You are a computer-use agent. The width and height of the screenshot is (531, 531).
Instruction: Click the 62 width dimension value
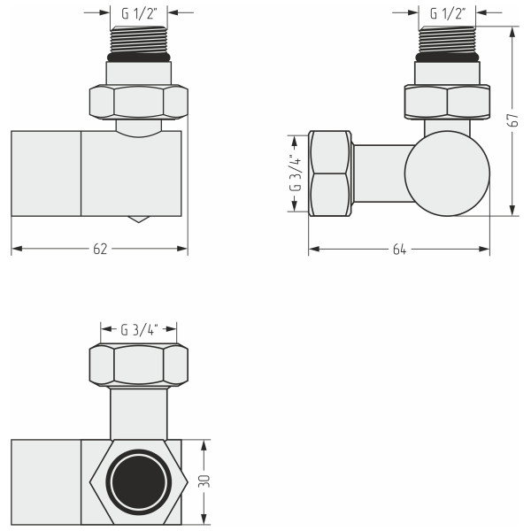point(99,250)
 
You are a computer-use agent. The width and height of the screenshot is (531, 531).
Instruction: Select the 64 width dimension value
point(398,250)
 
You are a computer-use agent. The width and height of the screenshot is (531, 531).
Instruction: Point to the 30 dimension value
point(205,482)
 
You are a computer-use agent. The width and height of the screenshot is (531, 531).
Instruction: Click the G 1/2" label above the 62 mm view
point(137,13)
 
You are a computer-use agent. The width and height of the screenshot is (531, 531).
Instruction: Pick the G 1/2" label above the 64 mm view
point(448,13)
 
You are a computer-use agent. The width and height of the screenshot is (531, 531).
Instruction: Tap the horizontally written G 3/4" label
point(139,330)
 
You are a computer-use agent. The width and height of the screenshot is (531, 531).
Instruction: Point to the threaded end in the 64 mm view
point(448,40)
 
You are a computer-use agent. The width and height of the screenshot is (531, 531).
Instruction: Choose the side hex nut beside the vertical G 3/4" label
point(329,173)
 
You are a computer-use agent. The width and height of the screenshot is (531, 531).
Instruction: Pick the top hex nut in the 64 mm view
point(447,102)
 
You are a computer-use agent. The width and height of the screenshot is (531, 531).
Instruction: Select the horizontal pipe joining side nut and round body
point(379,173)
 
